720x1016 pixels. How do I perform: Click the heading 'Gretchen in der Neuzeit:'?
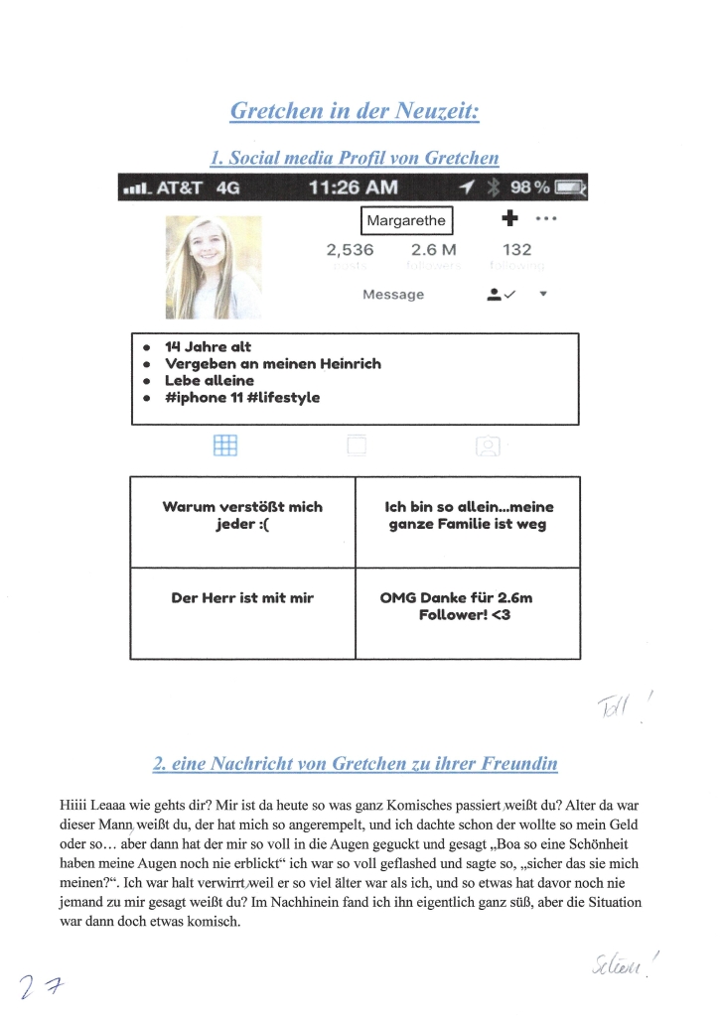[355, 110]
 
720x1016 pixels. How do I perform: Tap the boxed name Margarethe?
[406, 220]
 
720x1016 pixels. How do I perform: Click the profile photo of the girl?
[213, 267]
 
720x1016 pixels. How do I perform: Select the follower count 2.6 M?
[433, 250]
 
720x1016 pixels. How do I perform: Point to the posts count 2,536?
[350, 250]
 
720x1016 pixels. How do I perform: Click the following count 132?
[516, 250]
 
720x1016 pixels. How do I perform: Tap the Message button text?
[393, 295]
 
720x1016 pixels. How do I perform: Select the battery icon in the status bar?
[570, 188]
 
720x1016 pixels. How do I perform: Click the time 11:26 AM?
[354, 188]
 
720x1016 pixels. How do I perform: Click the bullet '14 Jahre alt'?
[208, 347]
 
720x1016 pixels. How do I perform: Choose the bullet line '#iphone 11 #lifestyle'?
[241, 398]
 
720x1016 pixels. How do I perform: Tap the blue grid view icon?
[225, 446]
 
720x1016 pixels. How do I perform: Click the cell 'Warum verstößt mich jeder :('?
[242, 516]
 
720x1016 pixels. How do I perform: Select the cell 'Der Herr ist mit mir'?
[242, 599]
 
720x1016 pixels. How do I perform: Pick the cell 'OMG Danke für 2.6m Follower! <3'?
[464, 607]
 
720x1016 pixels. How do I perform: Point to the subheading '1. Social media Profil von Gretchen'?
[355, 158]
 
